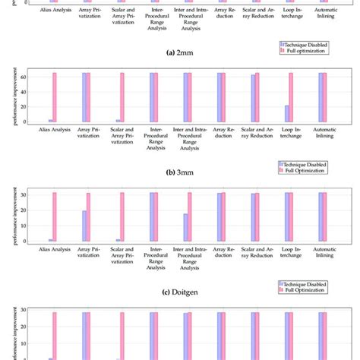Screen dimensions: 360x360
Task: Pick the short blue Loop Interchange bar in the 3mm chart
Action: [286, 113]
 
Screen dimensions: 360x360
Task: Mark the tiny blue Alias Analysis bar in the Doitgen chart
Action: [50, 240]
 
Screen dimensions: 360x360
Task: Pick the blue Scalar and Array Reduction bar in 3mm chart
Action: [253, 99]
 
